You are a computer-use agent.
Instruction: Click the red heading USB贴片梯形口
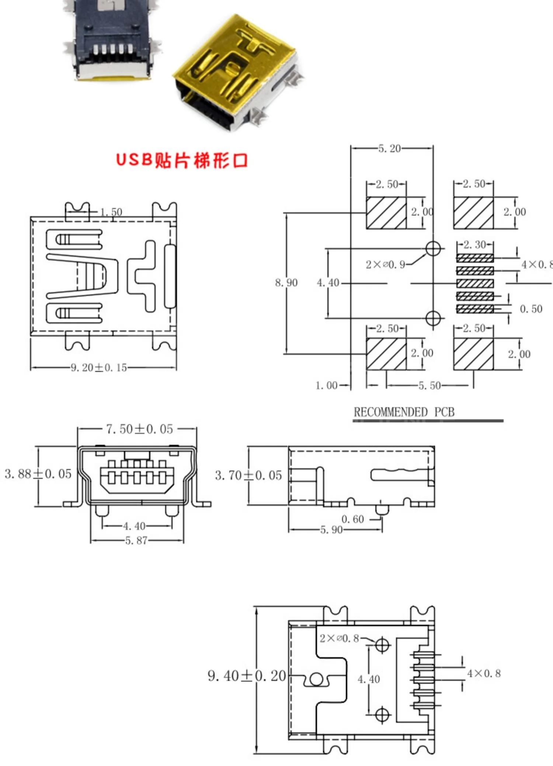pyautogui.click(x=181, y=160)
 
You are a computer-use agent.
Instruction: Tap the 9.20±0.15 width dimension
pyautogui.click(x=99, y=368)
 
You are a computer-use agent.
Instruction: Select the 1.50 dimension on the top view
pyautogui.click(x=111, y=212)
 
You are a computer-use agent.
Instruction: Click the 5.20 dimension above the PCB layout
pyautogui.click(x=389, y=149)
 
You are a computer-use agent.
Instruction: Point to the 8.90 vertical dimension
pyautogui.click(x=286, y=283)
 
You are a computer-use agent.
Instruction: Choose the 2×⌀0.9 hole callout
pyautogui.click(x=385, y=264)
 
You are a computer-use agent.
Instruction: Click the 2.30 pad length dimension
pyautogui.click(x=475, y=244)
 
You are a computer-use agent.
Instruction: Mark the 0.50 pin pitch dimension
pyautogui.click(x=531, y=309)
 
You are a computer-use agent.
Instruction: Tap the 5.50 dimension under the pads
pyautogui.click(x=429, y=386)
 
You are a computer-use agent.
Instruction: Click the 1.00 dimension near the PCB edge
pyautogui.click(x=326, y=386)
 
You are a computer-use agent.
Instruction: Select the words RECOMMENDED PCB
pyautogui.click(x=404, y=412)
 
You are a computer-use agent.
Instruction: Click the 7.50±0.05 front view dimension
pyautogui.click(x=139, y=429)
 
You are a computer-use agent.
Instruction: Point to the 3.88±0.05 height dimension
pyautogui.click(x=38, y=474)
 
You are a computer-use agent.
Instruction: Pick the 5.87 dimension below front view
pyautogui.click(x=136, y=540)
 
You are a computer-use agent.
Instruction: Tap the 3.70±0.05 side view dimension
pyautogui.click(x=248, y=475)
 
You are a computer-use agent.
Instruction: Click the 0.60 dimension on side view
pyautogui.click(x=352, y=519)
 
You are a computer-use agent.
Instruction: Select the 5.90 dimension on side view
pyautogui.click(x=331, y=530)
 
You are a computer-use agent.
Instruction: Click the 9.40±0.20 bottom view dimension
pyautogui.click(x=247, y=676)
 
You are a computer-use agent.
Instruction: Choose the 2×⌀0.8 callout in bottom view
pyautogui.click(x=339, y=638)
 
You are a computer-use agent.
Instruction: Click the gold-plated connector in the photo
pyautogui.click(x=236, y=70)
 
